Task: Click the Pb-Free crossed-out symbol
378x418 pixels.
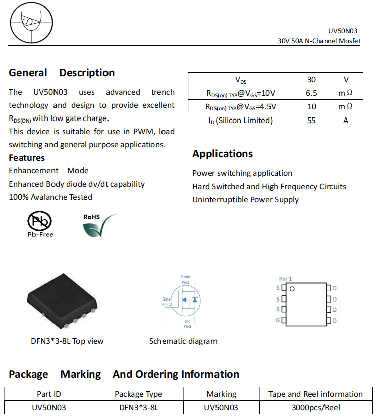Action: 39,221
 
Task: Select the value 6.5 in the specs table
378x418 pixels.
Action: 311,93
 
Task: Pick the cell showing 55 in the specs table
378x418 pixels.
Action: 311,120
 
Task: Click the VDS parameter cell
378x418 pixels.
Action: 241,80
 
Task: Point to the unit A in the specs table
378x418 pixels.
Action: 346,120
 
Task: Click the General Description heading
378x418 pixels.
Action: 62,73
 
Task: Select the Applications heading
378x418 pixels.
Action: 223,154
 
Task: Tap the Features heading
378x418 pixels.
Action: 27,158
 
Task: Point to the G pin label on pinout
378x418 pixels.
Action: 277,320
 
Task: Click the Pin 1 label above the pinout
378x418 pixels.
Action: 285,279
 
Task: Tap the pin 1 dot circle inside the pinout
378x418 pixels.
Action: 291,289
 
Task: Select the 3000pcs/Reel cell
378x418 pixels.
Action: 315,407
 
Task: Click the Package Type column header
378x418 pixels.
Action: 138,394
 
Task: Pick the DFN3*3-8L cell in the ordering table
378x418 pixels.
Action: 138,407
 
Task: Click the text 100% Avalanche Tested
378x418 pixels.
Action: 50,197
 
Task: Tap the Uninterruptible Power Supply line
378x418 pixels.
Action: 245,200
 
